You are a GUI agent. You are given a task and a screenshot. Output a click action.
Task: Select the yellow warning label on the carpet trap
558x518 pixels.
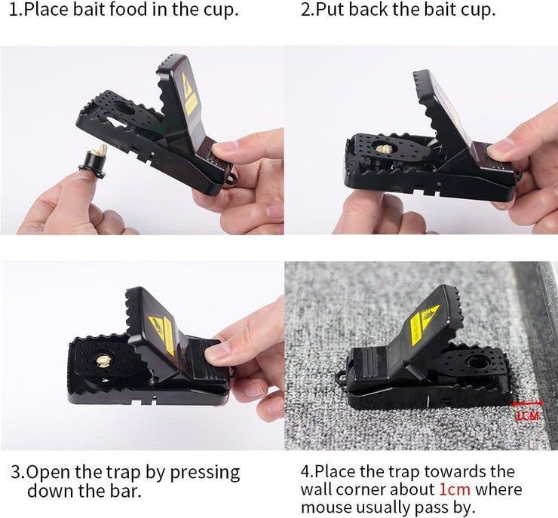point(425,323)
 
